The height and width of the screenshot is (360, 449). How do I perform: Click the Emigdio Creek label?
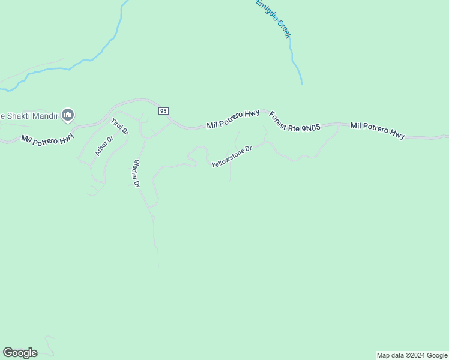(273, 19)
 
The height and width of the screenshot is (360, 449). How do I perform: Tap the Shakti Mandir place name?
(29, 115)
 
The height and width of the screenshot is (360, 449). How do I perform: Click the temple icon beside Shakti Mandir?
(68, 115)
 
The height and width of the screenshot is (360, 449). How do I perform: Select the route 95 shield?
(164, 111)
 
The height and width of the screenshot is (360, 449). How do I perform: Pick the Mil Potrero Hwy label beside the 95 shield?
(233, 119)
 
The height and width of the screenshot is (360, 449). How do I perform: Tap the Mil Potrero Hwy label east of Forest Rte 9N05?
(378, 130)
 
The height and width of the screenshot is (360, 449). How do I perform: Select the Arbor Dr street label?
(104, 146)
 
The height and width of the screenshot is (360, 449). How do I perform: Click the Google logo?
(20, 353)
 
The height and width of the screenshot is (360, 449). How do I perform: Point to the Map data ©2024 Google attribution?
(412, 355)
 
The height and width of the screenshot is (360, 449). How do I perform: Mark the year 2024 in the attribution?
(417, 355)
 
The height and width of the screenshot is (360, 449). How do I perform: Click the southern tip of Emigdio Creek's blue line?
(301, 83)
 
